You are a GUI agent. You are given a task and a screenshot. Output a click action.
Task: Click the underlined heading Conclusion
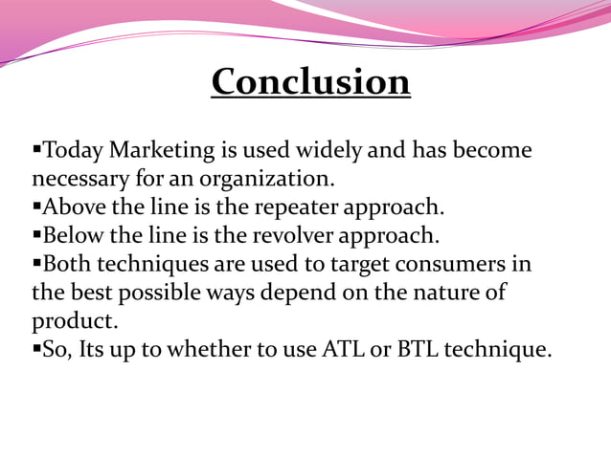pos(310,81)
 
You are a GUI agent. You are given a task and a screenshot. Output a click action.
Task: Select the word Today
pos(74,150)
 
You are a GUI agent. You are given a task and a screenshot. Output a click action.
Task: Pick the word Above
pos(74,207)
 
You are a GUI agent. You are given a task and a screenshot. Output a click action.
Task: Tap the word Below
pos(74,235)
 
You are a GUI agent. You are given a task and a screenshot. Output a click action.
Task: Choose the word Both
pos(67,264)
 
